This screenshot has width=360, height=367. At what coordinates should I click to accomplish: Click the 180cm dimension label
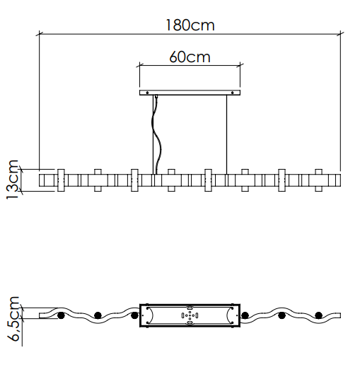190,25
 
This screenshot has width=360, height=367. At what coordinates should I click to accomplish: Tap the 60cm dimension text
190,57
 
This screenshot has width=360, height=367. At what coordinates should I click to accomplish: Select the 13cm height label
12,180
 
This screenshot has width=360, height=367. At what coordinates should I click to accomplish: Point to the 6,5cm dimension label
13,319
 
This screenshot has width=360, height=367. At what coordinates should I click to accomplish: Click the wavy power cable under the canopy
156,134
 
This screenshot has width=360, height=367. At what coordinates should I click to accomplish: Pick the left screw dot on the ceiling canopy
147,93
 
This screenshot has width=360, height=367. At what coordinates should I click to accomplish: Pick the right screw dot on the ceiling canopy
233,93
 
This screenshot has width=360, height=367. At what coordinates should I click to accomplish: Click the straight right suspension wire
227,134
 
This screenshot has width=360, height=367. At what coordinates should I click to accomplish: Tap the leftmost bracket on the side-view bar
61,180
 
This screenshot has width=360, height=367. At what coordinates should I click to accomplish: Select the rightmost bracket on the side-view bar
319,180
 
